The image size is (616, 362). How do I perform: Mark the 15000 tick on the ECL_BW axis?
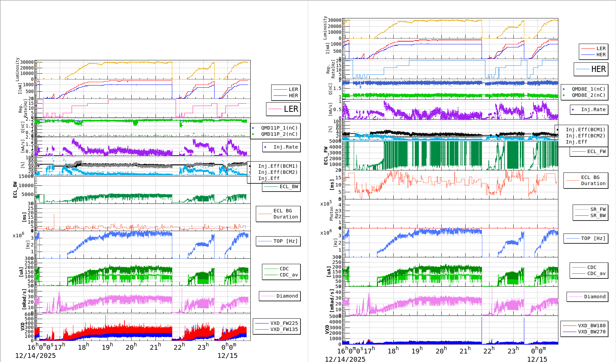coord(26,176)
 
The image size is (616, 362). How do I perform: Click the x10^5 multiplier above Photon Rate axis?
coord(326,203)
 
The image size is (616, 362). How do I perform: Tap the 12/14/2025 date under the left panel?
coord(35,356)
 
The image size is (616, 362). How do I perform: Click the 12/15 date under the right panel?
coord(537,359)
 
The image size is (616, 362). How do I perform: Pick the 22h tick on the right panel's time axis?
coord(489,350)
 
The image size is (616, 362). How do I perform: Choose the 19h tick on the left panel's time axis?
coord(107,347)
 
